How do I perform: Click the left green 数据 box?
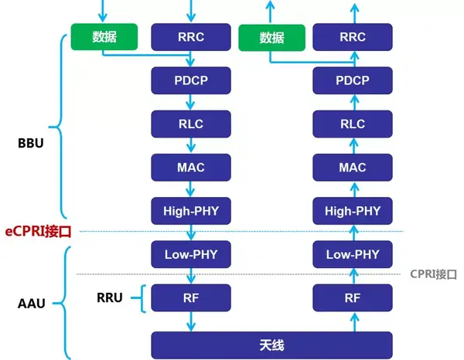(104, 36)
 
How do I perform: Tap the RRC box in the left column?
(190, 36)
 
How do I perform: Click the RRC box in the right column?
(353, 36)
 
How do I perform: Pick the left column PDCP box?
(190, 80)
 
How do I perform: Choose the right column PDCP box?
(353, 80)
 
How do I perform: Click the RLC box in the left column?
(190, 123)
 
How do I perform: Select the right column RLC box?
(353, 123)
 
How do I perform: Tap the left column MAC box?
(190, 166)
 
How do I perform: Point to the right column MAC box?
(353, 166)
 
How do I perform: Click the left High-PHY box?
(190, 209)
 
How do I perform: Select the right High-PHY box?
(353, 209)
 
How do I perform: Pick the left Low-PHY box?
(190, 253)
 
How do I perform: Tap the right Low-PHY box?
(353, 253)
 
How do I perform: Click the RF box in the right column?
(353, 297)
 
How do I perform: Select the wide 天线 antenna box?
(271, 344)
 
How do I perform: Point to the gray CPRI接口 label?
(432, 274)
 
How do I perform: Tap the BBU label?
(30, 144)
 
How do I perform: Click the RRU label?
(111, 297)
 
